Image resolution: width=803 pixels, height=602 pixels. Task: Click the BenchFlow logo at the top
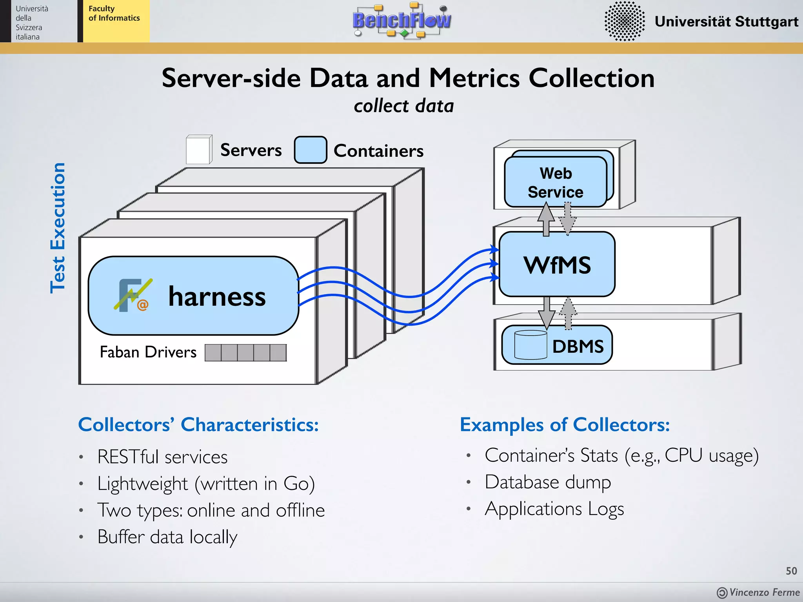(401, 20)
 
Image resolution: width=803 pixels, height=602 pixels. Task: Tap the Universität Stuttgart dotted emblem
(624, 21)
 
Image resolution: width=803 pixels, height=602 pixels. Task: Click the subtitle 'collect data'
(403, 106)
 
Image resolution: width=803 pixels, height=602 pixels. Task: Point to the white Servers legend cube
(199, 149)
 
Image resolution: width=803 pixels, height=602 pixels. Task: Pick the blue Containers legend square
(310, 150)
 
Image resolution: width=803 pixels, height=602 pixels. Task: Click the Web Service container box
(555, 182)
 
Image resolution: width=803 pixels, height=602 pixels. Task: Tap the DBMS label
(578, 346)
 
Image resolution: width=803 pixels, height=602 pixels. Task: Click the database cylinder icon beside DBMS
(530, 345)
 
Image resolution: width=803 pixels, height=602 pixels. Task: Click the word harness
(217, 296)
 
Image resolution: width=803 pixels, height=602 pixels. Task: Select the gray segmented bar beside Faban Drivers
(245, 353)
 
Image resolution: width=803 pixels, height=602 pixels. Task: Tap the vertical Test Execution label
(58, 228)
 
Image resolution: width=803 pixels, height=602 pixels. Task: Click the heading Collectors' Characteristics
(198, 424)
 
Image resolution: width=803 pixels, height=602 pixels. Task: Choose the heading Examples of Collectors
(565, 424)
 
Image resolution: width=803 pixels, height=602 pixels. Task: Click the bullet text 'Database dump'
(548, 482)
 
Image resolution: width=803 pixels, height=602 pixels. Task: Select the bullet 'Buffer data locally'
(167, 537)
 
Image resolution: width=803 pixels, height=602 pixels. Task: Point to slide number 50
(791, 571)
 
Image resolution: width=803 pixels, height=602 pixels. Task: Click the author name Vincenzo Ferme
(764, 592)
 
